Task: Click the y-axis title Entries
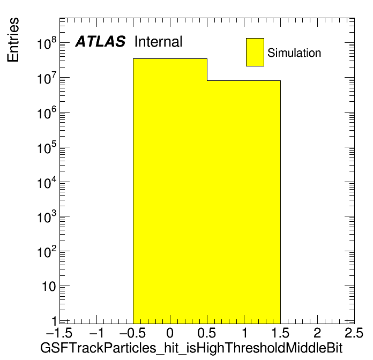13,40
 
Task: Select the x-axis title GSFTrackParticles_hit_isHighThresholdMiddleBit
191,348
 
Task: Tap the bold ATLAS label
100,42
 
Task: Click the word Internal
158,42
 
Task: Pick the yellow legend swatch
255,52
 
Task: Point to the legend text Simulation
294,53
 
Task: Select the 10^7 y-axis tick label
47,78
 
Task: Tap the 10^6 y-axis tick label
47,112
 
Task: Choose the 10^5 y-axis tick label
47,147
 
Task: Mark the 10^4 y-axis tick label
47,182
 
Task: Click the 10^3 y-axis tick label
47,216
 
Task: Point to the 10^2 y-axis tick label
47,252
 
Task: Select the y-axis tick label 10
49,287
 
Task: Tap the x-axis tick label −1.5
59,333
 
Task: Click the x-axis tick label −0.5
132,333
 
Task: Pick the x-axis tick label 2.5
354,333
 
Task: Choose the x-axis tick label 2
317,333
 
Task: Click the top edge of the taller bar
170,58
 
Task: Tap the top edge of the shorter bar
244,80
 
